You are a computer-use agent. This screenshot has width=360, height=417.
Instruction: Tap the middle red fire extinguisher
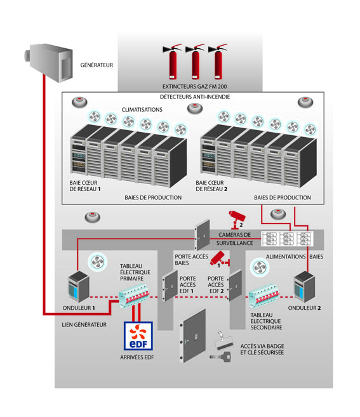click(196, 61)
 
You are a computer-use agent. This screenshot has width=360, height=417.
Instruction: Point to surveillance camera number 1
click(218, 258)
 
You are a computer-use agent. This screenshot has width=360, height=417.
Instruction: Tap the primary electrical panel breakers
click(136, 293)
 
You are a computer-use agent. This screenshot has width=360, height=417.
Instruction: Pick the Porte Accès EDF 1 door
click(170, 287)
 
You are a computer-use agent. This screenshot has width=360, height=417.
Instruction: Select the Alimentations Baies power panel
click(290, 239)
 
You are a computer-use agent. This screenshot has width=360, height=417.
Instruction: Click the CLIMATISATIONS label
click(138, 109)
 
